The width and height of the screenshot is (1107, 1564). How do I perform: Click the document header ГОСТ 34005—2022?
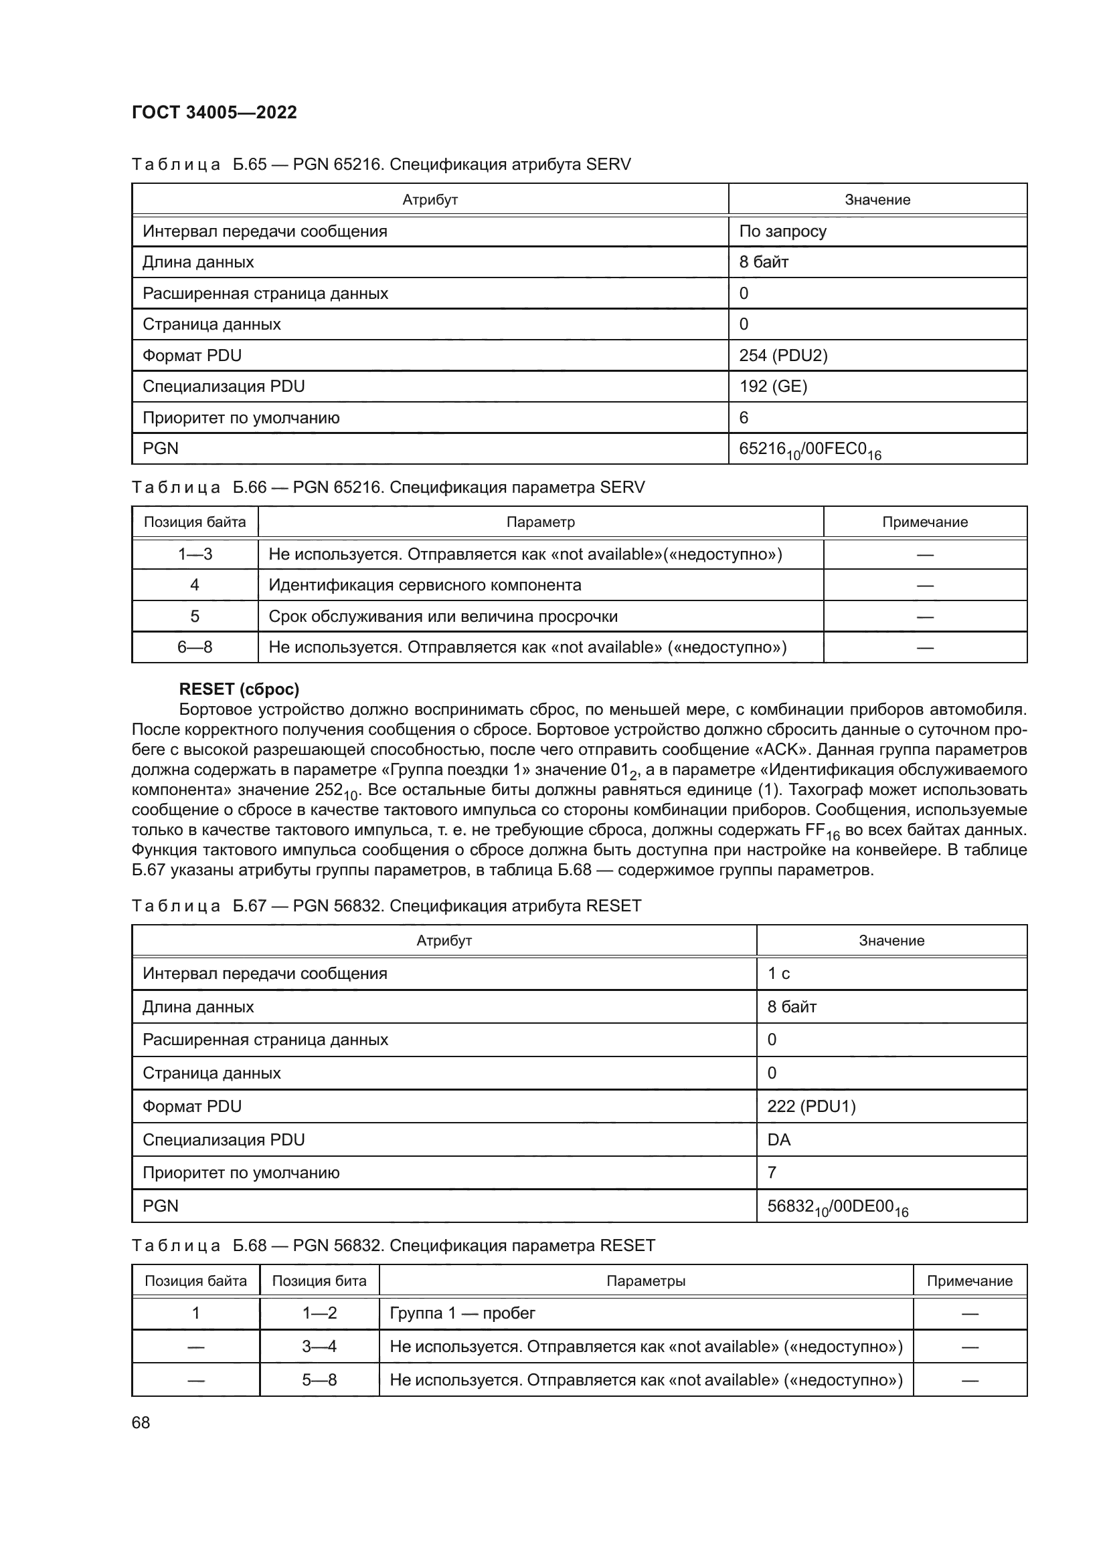coord(214,112)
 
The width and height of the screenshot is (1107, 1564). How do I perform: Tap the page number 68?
coord(141,1422)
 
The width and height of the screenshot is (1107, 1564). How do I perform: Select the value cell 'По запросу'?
coord(782,231)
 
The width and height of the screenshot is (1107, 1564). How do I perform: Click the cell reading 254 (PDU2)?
coord(783,356)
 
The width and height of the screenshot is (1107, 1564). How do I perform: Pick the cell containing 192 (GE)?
coord(773,386)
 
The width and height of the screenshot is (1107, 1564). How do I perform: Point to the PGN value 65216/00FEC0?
coord(810,449)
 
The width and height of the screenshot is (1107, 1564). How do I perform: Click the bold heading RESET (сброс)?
coord(238,689)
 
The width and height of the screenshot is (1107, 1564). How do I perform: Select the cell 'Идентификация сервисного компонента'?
coord(425,585)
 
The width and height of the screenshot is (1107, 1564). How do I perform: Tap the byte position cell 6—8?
coord(195,647)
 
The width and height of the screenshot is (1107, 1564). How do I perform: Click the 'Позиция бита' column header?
coord(319,1280)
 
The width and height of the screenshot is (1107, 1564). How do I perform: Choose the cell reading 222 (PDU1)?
coord(811,1106)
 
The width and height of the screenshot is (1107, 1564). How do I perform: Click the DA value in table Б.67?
coord(779,1139)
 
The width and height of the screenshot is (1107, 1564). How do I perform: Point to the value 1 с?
coord(778,974)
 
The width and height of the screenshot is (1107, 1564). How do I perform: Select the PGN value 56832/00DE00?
coord(837,1206)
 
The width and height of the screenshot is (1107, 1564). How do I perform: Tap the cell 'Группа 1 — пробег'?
coord(462,1313)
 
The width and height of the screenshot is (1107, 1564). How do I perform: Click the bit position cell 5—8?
coord(319,1380)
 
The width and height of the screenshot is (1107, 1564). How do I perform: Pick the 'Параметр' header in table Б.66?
coord(541,522)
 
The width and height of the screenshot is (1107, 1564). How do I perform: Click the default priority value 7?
coord(772,1172)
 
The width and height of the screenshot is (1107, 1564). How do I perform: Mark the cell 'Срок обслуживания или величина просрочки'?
coord(443,617)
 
